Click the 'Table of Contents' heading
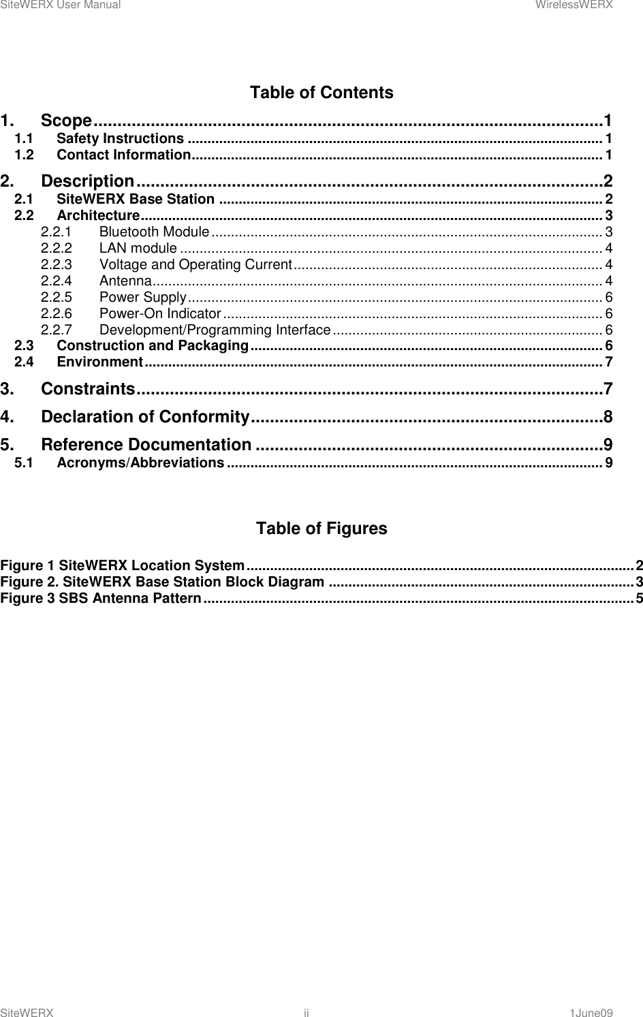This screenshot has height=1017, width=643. tap(321, 93)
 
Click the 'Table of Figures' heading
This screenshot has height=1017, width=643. tap(321, 529)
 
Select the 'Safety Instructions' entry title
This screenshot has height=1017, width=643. tap(121, 139)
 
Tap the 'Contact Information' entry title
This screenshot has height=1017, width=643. tap(123, 155)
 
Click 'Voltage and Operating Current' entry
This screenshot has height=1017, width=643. tap(195, 264)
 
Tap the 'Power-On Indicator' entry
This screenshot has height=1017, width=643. tap(159, 313)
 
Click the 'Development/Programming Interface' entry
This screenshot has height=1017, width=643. tap(215, 330)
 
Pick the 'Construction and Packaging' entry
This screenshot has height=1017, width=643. tap(152, 345)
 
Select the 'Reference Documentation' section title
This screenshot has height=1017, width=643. tap(146, 445)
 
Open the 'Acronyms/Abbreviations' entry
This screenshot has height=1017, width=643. tap(140, 463)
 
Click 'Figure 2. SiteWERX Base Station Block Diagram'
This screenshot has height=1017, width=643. tap(162, 582)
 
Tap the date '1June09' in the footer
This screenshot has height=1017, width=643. tap(591, 1013)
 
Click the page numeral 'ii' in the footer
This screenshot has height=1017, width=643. tap(307, 1013)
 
